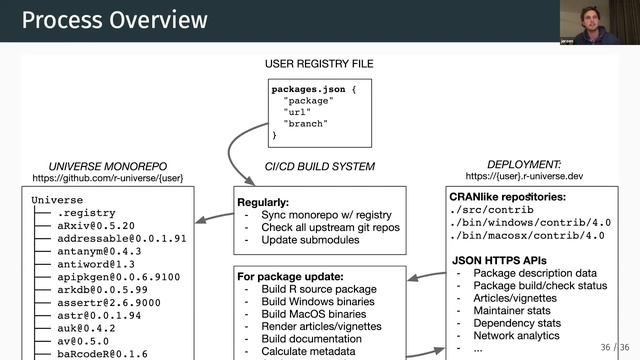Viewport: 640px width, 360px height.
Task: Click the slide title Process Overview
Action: tap(115, 20)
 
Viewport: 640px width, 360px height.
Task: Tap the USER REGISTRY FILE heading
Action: tap(319, 64)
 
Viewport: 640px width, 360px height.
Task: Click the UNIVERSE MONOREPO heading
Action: tap(108, 165)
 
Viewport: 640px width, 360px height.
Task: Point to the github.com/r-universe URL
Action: tap(108, 178)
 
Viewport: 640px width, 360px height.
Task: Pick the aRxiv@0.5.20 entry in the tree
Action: tap(95, 226)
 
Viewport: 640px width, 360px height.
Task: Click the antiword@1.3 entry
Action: tap(98, 264)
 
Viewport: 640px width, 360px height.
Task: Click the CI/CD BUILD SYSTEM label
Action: tap(319, 166)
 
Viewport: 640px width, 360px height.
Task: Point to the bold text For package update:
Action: tap(290, 275)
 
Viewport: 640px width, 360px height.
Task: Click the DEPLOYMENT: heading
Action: tap(524, 164)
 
